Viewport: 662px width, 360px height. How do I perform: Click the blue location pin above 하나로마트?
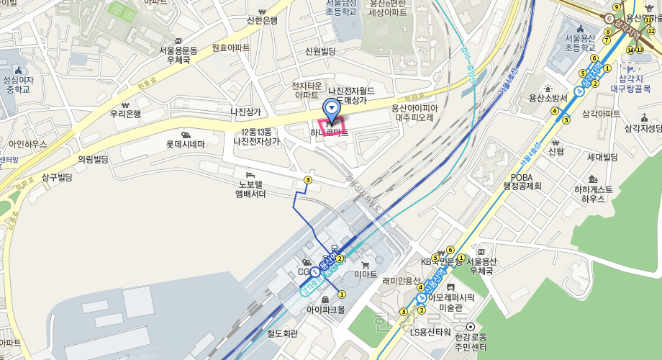[x=331, y=110]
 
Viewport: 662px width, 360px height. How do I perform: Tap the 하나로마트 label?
[x=329, y=133]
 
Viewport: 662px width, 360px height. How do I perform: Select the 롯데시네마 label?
[x=186, y=144]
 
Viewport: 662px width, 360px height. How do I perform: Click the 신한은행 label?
[x=262, y=20]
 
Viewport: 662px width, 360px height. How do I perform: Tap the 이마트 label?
[x=366, y=274]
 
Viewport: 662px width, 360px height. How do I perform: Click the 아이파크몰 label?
[x=326, y=310]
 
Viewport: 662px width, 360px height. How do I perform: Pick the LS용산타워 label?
[x=430, y=332]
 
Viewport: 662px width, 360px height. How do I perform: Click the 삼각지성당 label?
[x=643, y=128]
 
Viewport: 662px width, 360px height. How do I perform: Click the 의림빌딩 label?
[x=93, y=158]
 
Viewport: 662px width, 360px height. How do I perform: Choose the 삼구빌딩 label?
[x=57, y=177]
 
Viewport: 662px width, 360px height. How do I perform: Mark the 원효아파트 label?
[x=231, y=47]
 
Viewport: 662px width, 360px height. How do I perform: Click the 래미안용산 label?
[x=402, y=281]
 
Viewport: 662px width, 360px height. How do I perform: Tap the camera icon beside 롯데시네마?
[x=186, y=135]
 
